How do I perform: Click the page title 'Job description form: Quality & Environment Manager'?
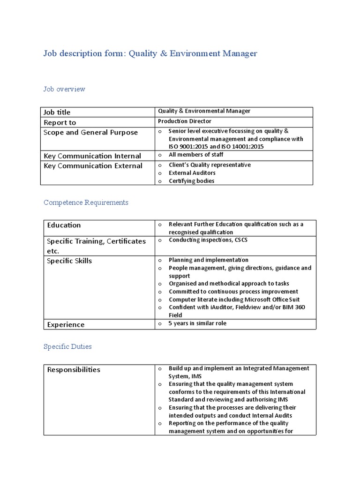click(x=150, y=53)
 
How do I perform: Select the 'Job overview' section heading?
click(x=64, y=89)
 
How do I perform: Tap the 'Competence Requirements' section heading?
click(x=86, y=202)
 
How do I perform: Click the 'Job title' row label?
click(x=57, y=112)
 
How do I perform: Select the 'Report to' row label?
click(x=60, y=122)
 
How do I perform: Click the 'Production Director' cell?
click(x=184, y=121)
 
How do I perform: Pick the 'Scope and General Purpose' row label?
click(x=90, y=133)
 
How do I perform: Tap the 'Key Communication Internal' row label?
click(x=92, y=156)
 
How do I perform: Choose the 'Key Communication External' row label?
click(x=93, y=166)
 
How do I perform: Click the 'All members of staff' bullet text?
click(x=196, y=155)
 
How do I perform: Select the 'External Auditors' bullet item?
click(x=192, y=173)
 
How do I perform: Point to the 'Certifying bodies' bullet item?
click(x=191, y=181)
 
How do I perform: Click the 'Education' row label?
click(x=64, y=225)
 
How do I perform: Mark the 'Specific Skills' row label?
click(x=69, y=261)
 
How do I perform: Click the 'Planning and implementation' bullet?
click(x=209, y=260)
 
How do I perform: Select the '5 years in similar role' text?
click(x=197, y=323)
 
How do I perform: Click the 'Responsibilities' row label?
click(x=74, y=369)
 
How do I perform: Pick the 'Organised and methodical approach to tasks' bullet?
click(x=229, y=284)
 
